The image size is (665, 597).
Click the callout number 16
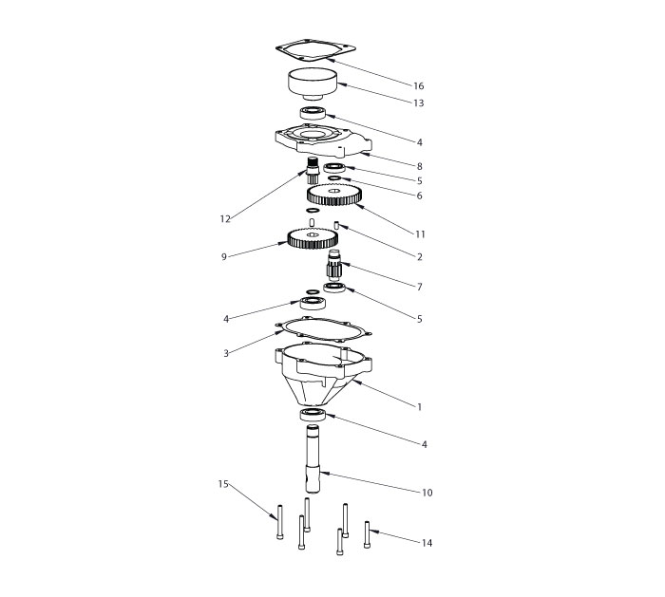coord(417,85)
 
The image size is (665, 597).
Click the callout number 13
coord(417,103)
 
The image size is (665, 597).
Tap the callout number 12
coord(225,219)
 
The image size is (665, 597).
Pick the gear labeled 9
coord(313,238)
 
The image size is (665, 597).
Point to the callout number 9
coord(224,255)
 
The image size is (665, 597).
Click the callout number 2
coord(419,256)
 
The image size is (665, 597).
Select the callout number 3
coord(226,353)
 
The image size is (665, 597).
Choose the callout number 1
coord(419,406)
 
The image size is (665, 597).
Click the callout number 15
coord(224,484)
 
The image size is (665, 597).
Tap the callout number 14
coord(427,543)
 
